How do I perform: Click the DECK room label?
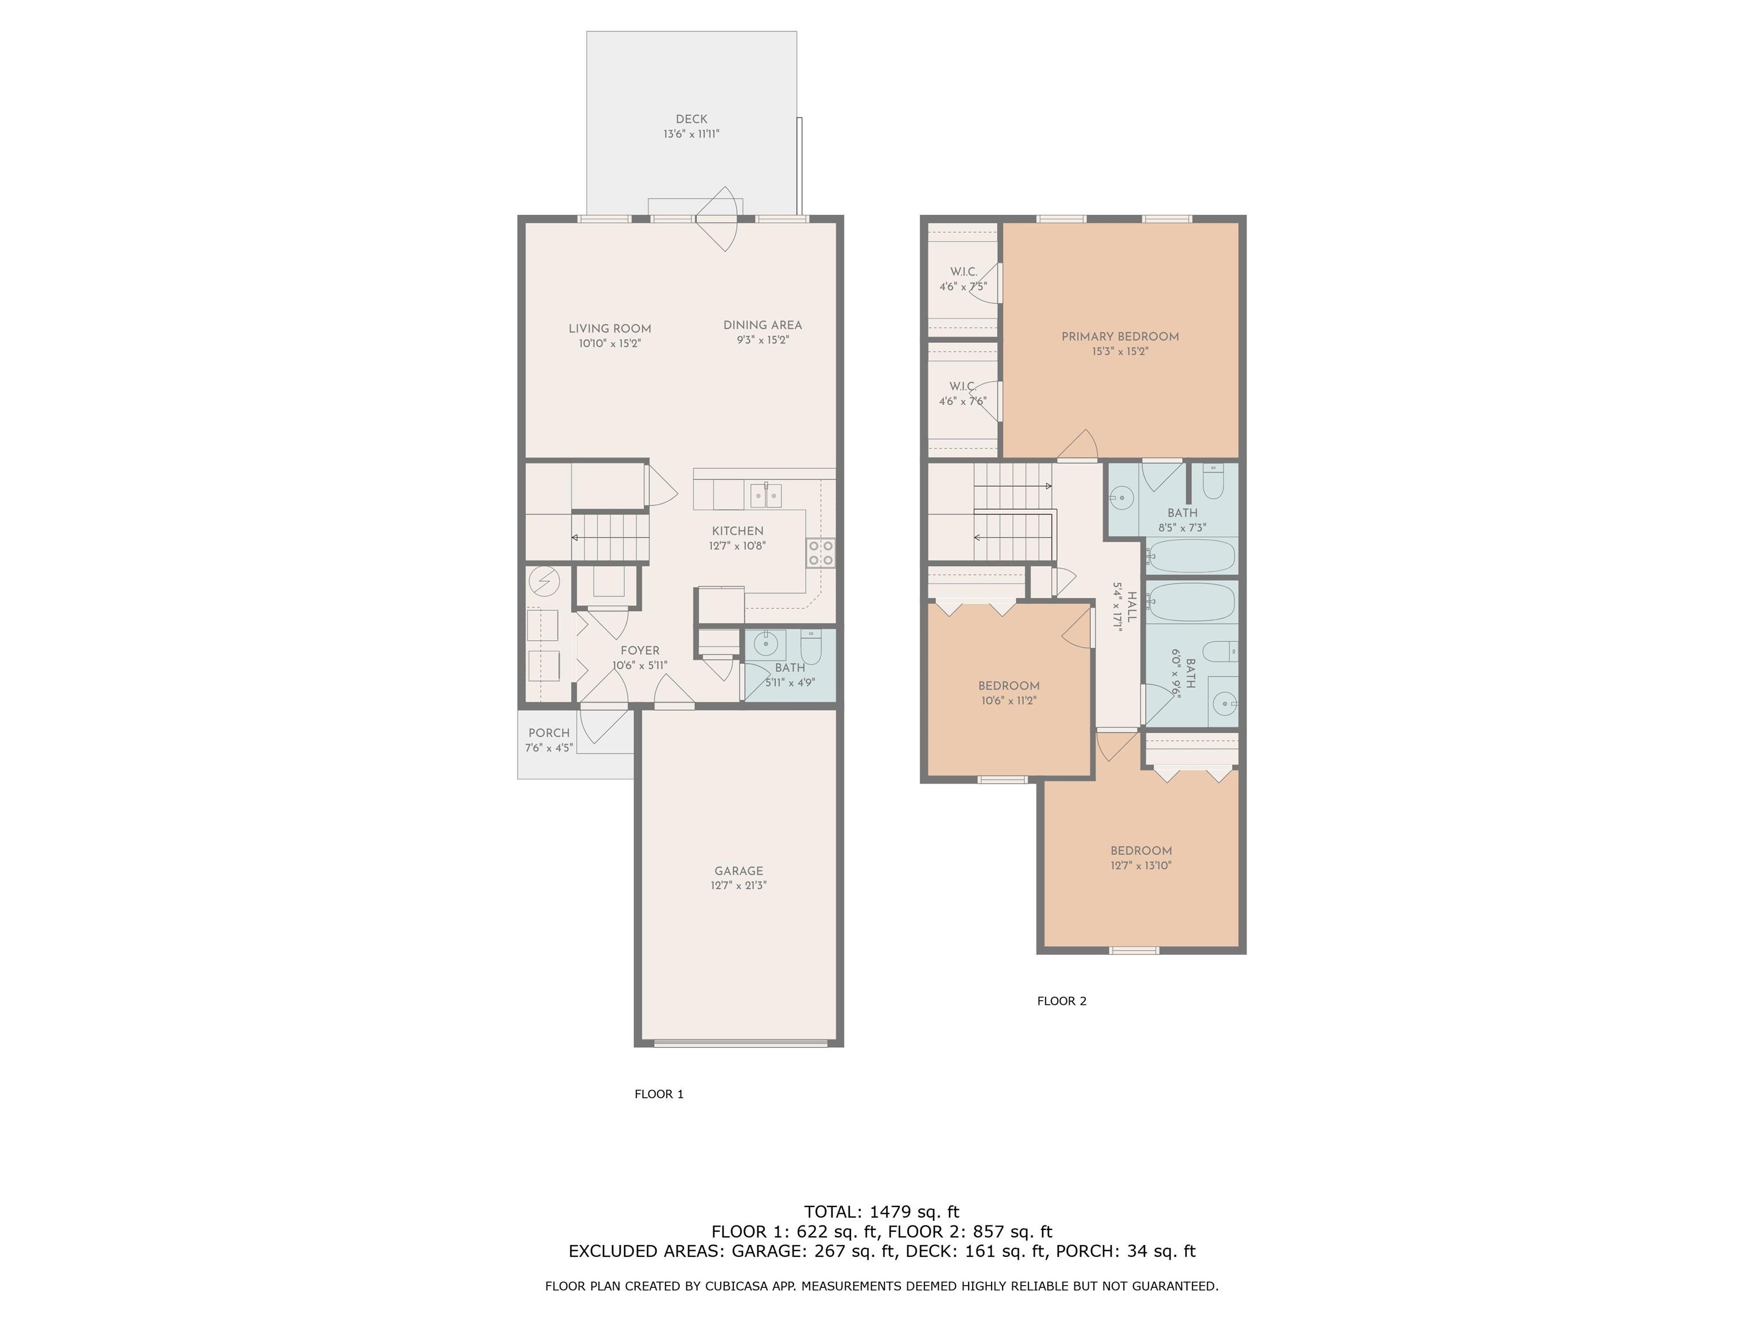[x=691, y=119]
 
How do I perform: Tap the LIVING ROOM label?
[x=610, y=328]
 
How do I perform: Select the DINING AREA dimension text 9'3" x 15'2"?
[x=763, y=340]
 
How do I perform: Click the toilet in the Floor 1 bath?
[x=811, y=647]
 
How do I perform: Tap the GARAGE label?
[x=738, y=871]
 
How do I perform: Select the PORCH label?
[x=550, y=733]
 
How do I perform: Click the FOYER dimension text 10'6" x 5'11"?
[x=640, y=665]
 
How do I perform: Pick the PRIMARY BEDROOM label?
[x=1120, y=336]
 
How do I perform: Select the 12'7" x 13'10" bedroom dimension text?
[x=1141, y=865]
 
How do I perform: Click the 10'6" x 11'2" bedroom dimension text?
[x=1009, y=701]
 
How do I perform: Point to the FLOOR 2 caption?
[x=1061, y=1001]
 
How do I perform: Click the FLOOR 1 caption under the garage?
[x=659, y=1094]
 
